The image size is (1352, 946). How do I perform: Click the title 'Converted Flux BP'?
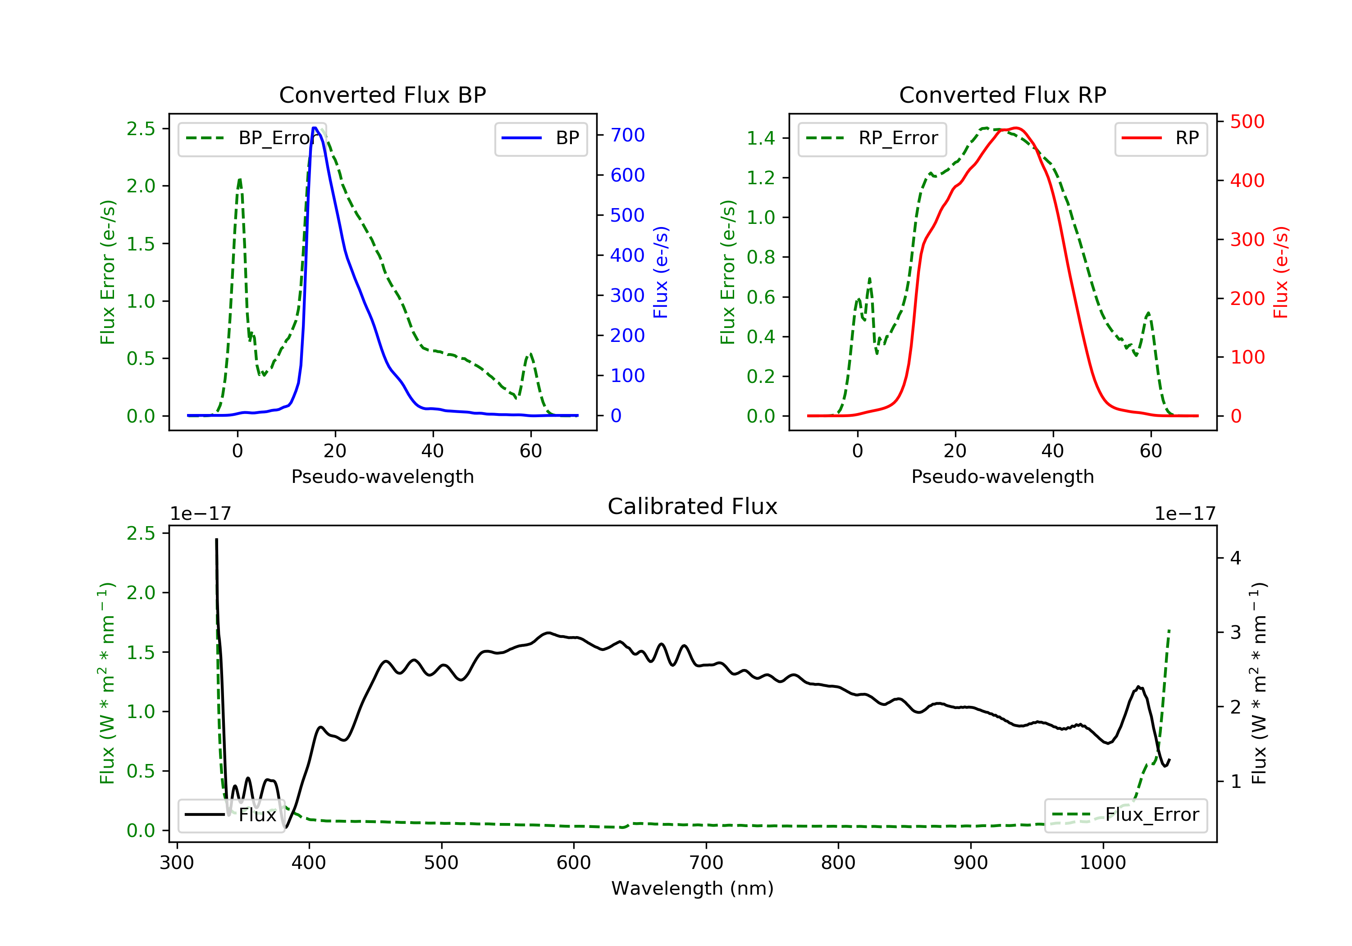click(382, 95)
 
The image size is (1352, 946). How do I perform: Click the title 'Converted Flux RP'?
click(1002, 95)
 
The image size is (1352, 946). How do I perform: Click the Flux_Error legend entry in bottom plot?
click(1125, 815)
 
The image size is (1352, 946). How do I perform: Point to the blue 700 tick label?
click(627, 136)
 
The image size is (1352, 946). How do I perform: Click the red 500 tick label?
click(1247, 122)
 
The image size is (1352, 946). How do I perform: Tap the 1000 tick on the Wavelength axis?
click(1102, 863)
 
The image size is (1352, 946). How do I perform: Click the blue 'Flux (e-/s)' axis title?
click(661, 272)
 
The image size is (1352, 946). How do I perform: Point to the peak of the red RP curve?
click(1016, 128)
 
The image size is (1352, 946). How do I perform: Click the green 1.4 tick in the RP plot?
click(760, 138)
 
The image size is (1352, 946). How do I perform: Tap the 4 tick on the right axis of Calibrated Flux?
click(1235, 558)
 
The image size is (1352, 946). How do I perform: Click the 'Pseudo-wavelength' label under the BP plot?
click(382, 476)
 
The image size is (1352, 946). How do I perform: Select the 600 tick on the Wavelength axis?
click(574, 863)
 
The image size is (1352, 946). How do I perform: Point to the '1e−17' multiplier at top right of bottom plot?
click(1185, 514)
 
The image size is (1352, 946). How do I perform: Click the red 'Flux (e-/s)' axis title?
click(1281, 272)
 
